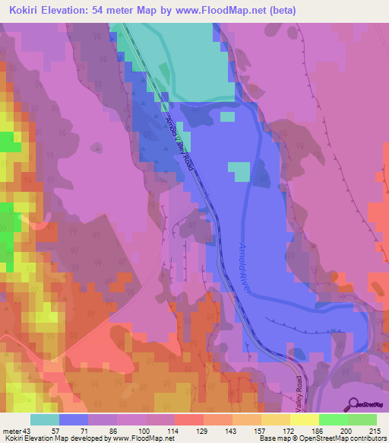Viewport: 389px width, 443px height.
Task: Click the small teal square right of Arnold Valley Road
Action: click(x=240, y=172)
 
